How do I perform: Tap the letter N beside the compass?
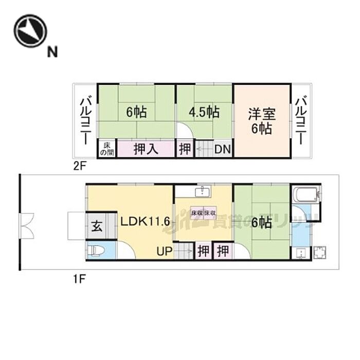(x=52, y=51)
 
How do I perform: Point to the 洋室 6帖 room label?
(x=262, y=121)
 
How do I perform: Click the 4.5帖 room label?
(x=204, y=112)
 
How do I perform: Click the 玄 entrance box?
(x=96, y=225)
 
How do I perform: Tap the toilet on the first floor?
(x=97, y=250)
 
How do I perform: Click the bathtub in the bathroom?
(x=307, y=195)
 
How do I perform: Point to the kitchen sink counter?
(x=203, y=192)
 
